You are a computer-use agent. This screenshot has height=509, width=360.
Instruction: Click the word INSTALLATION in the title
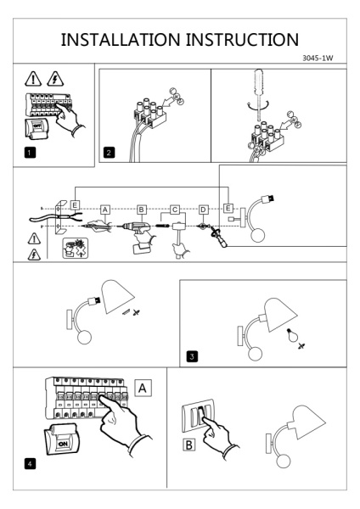[121, 40]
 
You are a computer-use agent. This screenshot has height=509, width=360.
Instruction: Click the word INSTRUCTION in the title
[242, 40]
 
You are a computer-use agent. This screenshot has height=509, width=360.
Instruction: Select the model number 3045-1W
[318, 58]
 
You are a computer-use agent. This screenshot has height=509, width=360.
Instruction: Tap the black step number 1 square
[30, 153]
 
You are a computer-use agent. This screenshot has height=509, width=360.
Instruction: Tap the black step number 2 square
[109, 153]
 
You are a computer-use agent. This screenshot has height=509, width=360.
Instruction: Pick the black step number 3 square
[192, 356]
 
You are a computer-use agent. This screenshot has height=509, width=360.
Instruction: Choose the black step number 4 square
[30, 464]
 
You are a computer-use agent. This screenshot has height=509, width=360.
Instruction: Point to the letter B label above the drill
[141, 210]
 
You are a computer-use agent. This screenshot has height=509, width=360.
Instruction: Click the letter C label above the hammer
[175, 210]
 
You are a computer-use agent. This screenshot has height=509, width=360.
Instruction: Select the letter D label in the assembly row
[204, 210]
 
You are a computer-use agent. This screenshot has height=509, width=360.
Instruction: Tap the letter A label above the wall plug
[105, 210]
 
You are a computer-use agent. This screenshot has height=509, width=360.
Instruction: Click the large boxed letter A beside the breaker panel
[143, 388]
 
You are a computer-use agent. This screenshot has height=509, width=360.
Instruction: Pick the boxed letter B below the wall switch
[188, 445]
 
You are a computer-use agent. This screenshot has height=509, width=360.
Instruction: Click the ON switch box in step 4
[61, 439]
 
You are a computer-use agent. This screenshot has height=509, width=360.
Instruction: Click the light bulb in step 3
[292, 335]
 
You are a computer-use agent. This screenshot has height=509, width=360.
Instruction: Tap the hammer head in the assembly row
[178, 226]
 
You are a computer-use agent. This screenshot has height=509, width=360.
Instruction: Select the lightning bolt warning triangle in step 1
[55, 79]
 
